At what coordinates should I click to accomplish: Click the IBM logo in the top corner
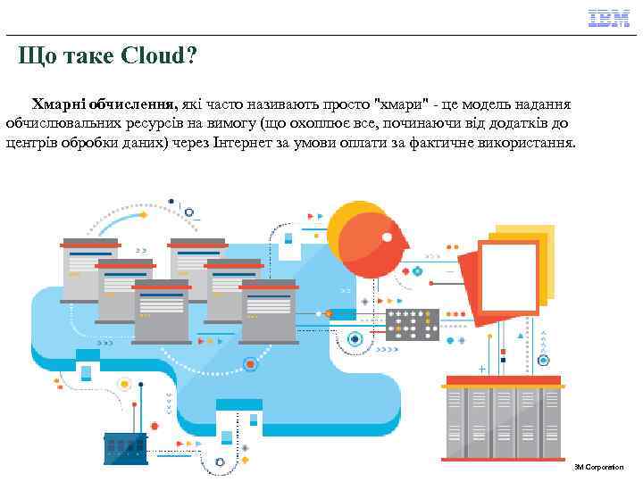[607, 18]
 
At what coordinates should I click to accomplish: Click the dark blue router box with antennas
[124, 447]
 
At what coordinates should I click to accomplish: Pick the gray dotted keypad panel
[412, 326]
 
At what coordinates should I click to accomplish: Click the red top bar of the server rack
[503, 380]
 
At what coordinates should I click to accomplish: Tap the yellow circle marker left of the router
[125, 384]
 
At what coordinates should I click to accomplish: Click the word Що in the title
[37, 57]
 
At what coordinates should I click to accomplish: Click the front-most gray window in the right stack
[269, 310]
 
